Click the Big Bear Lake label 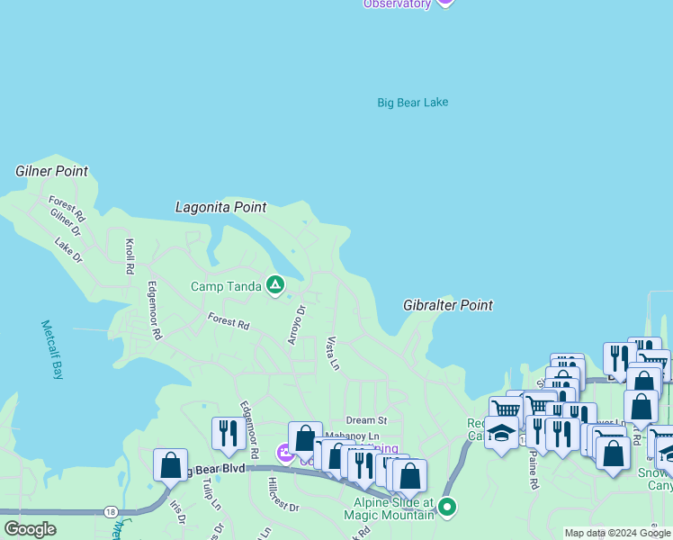tap(412, 103)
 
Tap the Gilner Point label tap(51, 171)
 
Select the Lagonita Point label tap(220, 207)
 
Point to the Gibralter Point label tap(448, 305)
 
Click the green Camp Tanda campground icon tap(275, 287)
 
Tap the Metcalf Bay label tap(52, 348)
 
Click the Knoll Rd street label tap(130, 256)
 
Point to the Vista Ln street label tap(333, 354)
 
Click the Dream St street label tap(366, 420)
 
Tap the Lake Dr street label tap(68, 250)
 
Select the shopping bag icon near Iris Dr tap(170, 464)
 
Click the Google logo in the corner tap(30, 529)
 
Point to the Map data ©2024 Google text tap(617, 533)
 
